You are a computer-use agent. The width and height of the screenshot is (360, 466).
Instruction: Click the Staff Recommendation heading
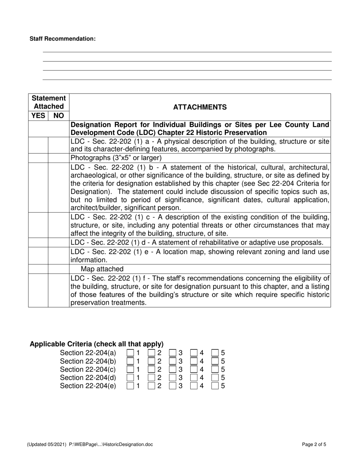(x=63, y=39)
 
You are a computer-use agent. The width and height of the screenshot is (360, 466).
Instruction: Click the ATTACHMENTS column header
(x=200, y=107)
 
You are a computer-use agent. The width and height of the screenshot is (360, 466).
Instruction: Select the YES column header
(x=38, y=116)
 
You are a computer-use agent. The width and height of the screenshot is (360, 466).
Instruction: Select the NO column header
(x=59, y=116)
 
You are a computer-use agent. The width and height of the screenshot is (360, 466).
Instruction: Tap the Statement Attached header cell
(x=49, y=102)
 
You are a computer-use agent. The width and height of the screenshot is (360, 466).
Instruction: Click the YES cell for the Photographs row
(x=38, y=158)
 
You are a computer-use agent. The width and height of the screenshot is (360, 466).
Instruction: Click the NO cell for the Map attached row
(x=59, y=269)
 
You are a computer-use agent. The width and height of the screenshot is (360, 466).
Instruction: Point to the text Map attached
(x=102, y=269)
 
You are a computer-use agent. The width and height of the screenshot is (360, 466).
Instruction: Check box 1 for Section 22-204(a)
(x=130, y=353)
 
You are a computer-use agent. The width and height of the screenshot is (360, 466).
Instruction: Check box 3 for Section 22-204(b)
(x=172, y=361)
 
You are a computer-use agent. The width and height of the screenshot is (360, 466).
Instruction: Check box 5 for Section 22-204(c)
(x=215, y=369)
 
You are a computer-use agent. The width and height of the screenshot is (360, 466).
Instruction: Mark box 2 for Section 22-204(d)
(x=151, y=378)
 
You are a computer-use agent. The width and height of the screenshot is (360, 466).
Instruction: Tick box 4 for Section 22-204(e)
(x=194, y=386)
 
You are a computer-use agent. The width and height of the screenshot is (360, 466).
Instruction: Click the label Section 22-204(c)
(x=88, y=369)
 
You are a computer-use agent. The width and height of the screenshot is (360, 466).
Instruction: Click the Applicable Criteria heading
(x=97, y=344)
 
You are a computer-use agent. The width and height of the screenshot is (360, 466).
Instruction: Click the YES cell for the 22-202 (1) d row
(x=38, y=242)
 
